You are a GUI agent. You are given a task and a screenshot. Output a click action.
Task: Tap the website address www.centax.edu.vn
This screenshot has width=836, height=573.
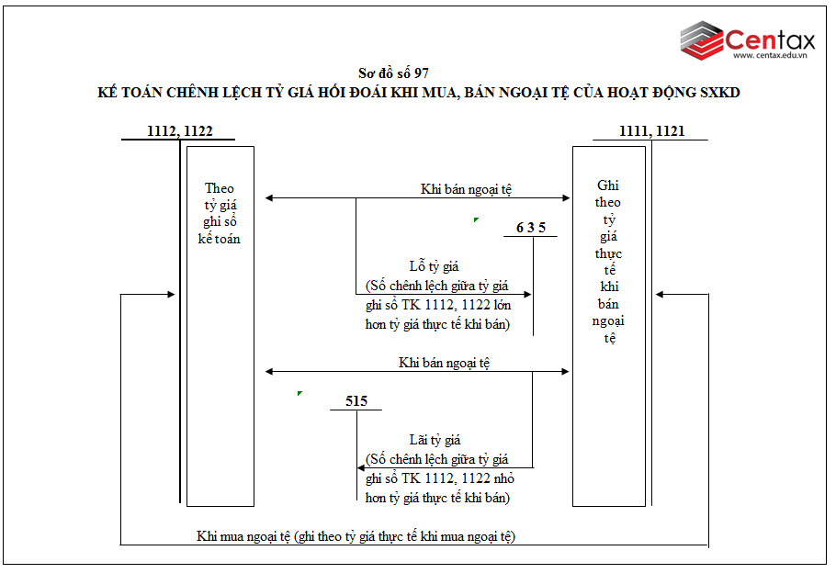[770, 56]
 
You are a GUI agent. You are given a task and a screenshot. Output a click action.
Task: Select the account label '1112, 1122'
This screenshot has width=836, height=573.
[180, 131]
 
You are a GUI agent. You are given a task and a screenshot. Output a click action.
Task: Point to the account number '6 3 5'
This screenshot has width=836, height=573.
[531, 228]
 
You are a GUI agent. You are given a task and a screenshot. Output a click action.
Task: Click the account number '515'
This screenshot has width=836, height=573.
[356, 401]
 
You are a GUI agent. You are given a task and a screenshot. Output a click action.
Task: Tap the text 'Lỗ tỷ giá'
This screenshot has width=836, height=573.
[434, 267]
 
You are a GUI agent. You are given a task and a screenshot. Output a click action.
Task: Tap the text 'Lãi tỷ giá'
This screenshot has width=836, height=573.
[434, 440]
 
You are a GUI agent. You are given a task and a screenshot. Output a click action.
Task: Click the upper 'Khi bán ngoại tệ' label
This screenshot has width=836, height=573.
[466, 189]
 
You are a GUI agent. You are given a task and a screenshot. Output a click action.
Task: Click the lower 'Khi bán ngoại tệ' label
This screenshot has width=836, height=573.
[444, 363]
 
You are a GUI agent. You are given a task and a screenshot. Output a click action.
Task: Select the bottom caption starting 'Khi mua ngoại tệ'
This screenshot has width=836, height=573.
[356, 536]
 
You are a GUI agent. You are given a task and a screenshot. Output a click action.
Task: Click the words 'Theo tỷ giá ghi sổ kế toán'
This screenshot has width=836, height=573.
[220, 213]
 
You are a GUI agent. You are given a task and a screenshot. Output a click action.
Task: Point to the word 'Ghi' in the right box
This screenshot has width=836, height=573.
[607, 185]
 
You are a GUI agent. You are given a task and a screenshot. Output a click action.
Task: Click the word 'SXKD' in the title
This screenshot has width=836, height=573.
[718, 93]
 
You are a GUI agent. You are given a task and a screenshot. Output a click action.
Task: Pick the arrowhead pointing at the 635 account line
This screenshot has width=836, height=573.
[527, 295]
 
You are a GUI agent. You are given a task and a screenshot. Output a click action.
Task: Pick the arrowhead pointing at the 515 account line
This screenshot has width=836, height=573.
[362, 468]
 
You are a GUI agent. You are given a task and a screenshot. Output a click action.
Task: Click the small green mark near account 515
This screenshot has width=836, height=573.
[299, 393]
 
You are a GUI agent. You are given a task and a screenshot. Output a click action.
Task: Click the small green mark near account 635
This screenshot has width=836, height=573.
[475, 219]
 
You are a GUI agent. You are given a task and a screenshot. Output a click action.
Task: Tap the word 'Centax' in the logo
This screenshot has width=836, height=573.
[770, 39]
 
